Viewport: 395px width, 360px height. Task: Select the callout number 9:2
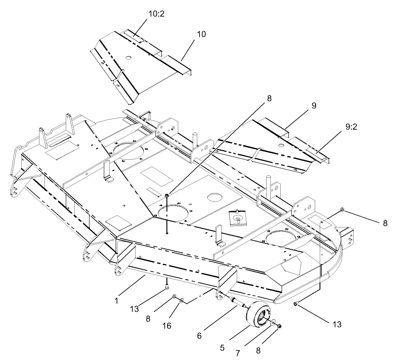tap(348, 128)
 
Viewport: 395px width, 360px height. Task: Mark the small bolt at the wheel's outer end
tap(280, 326)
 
